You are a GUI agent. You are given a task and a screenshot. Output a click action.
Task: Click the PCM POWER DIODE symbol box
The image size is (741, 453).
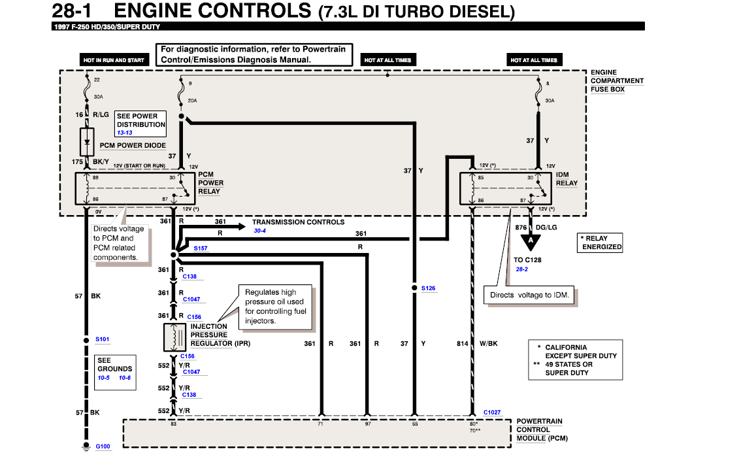87,140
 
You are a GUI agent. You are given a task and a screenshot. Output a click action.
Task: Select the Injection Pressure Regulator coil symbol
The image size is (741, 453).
175,337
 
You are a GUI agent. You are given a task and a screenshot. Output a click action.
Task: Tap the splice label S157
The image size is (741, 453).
201,249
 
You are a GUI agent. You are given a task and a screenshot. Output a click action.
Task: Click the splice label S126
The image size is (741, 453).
428,288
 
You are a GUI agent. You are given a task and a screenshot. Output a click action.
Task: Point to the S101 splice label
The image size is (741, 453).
103,339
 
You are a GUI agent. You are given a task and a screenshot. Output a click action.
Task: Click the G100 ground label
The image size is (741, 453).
103,446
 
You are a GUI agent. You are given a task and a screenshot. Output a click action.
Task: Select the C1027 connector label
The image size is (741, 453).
492,412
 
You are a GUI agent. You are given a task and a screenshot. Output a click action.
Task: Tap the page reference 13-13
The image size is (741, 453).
125,133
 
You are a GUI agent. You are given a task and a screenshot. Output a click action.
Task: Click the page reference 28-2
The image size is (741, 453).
522,269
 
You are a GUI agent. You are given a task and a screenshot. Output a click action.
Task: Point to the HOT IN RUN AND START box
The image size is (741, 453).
114,60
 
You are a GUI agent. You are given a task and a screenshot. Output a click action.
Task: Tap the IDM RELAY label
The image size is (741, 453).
567,179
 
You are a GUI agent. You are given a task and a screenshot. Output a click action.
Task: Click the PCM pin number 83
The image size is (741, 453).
174,424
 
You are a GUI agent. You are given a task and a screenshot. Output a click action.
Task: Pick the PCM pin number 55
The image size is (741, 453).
414,424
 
